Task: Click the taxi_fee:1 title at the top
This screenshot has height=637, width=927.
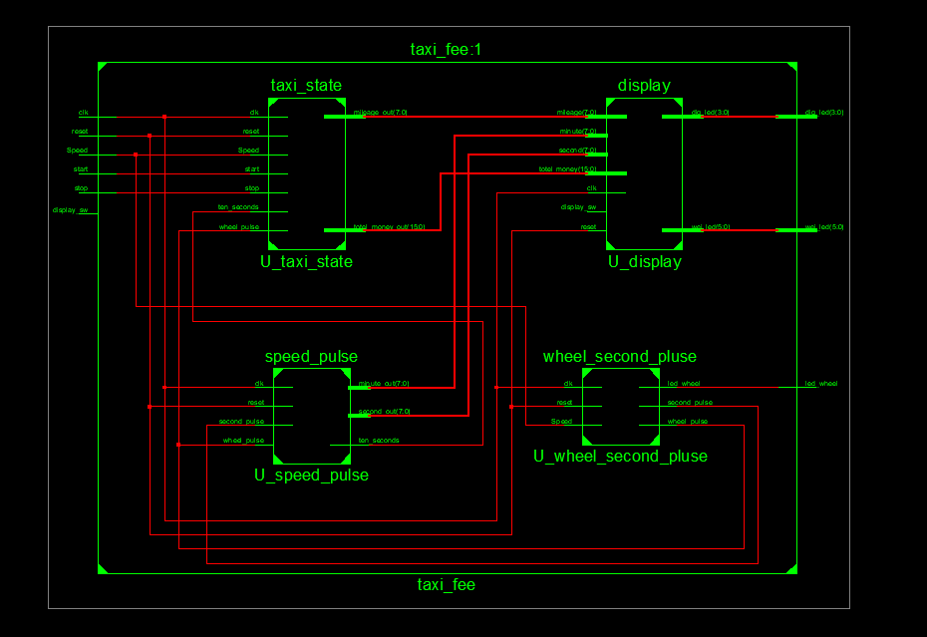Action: (x=447, y=50)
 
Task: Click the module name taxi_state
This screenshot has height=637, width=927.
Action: (x=306, y=86)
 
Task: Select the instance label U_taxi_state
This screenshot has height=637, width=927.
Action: (x=306, y=262)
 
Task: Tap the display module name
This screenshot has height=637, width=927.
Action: (x=644, y=86)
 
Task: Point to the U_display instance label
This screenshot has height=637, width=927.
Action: (x=645, y=262)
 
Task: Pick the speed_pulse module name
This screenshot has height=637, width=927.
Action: (x=311, y=357)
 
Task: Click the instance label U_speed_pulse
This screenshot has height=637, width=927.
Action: (x=311, y=476)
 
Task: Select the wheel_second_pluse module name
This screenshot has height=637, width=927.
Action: (x=620, y=357)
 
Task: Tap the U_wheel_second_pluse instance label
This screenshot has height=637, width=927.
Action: (x=620, y=457)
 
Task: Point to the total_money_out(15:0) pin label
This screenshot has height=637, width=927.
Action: (x=389, y=227)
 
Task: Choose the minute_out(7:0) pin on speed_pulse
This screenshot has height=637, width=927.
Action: (x=384, y=383)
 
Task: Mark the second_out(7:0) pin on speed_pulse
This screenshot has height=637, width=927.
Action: (x=384, y=411)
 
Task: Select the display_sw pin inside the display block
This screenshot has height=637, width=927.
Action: (x=578, y=207)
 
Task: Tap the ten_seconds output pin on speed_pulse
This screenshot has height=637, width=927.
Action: (x=379, y=440)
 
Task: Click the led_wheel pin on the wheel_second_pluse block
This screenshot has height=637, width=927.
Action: (x=684, y=383)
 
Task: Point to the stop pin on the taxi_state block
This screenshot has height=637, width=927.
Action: (x=252, y=188)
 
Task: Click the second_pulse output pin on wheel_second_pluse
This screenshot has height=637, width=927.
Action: (x=690, y=403)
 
